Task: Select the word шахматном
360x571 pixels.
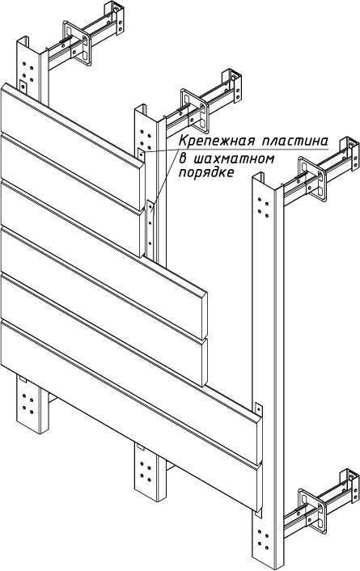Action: tap(233, 159)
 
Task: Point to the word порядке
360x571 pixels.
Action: tap(206, 172)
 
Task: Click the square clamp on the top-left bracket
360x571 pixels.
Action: tap(77, 43)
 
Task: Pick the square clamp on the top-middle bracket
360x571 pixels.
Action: tap(195, 111)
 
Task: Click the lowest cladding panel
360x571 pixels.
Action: tap(131, 415)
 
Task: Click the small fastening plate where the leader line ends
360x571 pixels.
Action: tap(142, 155)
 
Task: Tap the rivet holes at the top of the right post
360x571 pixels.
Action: tap(264, 207)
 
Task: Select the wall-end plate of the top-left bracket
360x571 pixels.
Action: tap(114, 18)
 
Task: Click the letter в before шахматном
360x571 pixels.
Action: tap(183, 159)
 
